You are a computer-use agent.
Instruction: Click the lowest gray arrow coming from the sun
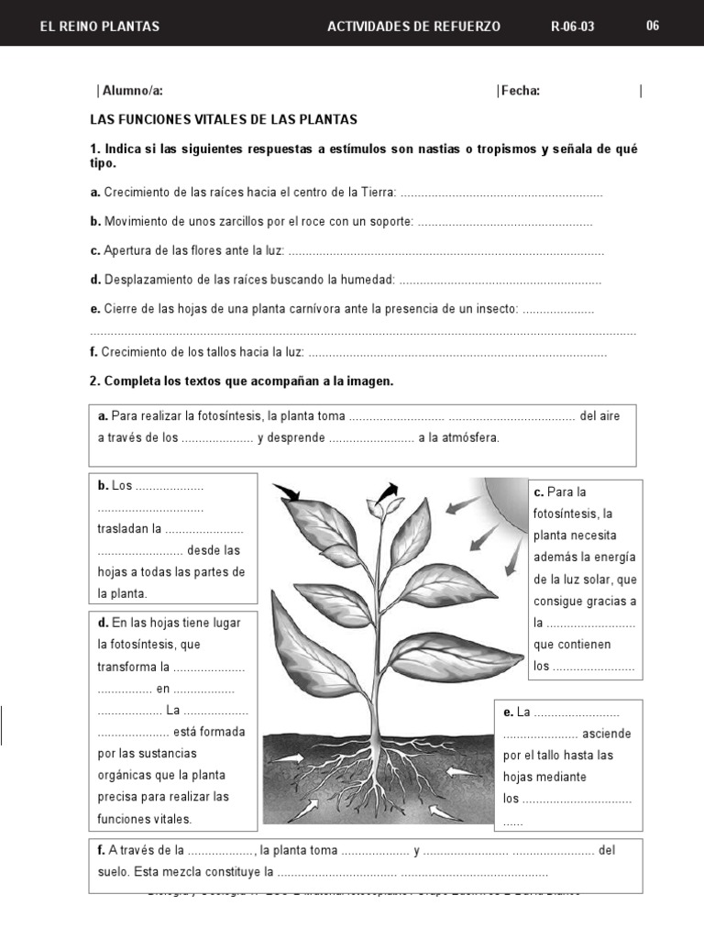[x=507, y=562]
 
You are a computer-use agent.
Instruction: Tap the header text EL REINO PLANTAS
[x=100, y=27]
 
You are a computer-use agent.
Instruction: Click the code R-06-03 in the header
[x=572, y=27]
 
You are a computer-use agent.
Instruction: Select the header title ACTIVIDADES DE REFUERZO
[x=413, y=27]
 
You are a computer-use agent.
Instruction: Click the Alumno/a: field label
[x=132, y=90]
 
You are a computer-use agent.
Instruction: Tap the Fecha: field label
[x=520, y=90]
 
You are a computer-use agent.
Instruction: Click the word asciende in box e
[x=607, y=734]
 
